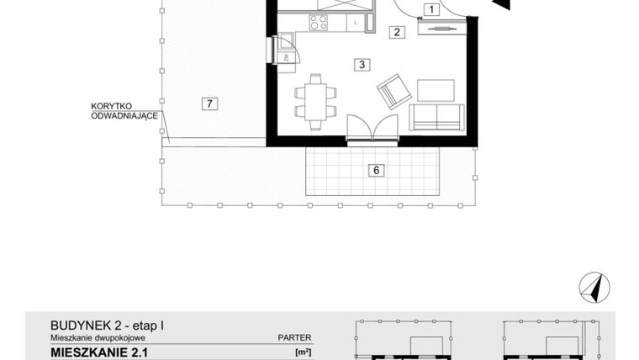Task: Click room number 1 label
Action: pos(430,10)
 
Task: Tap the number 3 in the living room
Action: pos(360,64)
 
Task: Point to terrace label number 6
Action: pos(377,170)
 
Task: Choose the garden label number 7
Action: pos(210,103)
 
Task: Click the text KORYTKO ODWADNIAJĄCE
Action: pos(124,111)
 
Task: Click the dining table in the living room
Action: pos(315,100)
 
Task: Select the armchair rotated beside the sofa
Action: pos(393,91)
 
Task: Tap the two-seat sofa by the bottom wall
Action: pos(436,118)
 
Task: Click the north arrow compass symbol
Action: pos(594,287)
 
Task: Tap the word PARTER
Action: pos(294,337)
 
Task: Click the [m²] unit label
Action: pos(303,352)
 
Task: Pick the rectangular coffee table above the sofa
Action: pos(435,87)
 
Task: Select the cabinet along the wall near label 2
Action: pos(439,31)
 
